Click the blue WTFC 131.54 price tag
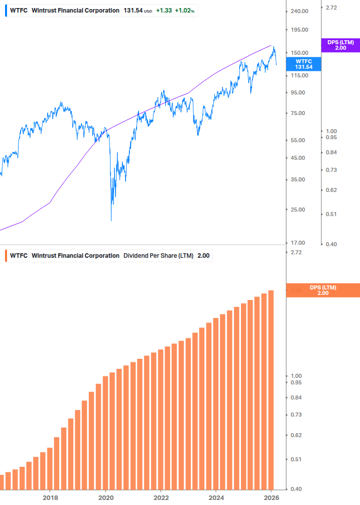click(x=303, y=64)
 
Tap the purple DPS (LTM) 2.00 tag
click(x=340, y=45)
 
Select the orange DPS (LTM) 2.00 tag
click(x=323, y=290)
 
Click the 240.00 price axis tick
click(x=299, y=11)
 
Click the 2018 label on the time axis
click(x=50, y=497)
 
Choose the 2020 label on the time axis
click(x=105, y=497)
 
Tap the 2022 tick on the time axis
click(x=161, y=497)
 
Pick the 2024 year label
click(x=216, y=497)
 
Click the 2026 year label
click(x=271, y=497)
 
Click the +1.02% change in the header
click(x=184, y=11)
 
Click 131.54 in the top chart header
click(x=133, y=11)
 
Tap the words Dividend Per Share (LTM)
click(x=158, y=256)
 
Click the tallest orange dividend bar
click(x=271, y=389)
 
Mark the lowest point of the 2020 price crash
click(x=111, y=220)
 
